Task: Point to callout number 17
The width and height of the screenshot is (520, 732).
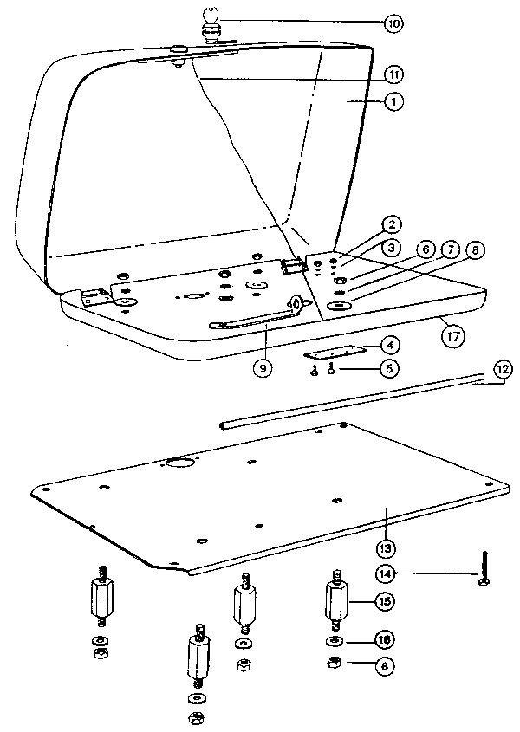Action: pyautogui.click(x=452, y=334)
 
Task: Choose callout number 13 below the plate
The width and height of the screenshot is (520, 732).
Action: pyautogui.click(x=385, y=547)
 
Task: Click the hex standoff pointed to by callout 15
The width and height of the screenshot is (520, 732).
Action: pyautogui.click(x=336, y=599)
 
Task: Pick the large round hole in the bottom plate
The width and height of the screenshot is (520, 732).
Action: pyautogui.click(x=179, y=463)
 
